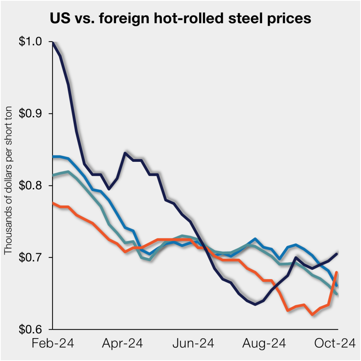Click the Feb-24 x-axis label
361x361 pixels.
[53, 343]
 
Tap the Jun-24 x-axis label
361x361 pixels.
[193, 343]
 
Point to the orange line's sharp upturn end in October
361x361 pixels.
[337, 272]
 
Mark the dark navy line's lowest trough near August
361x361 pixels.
[255, 304]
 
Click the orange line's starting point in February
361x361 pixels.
[53, 203]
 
